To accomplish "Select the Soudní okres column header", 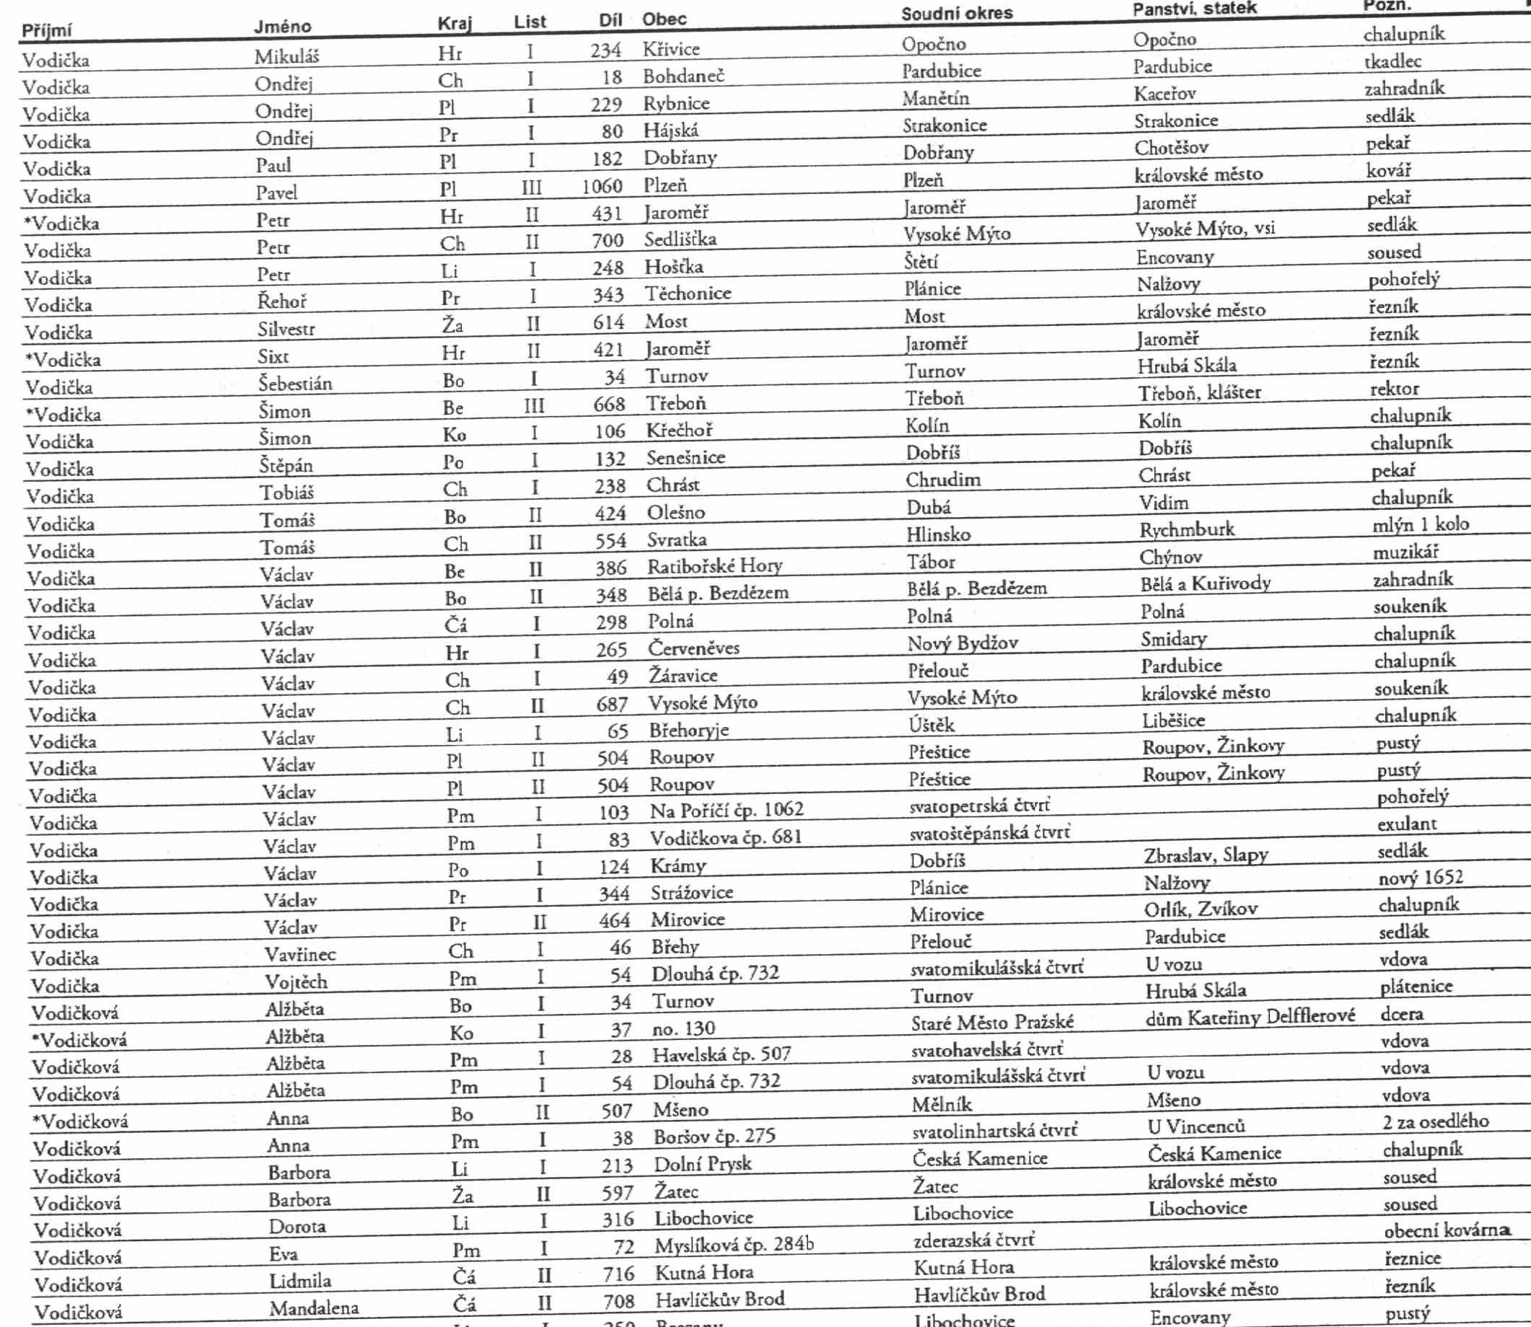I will (x=956, y=13).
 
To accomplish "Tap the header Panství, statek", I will (x=1194, y=9).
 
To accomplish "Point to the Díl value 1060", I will (x=602, y=185).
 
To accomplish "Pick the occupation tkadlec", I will (x=1392, y=61).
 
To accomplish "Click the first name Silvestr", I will (x=286, y=329).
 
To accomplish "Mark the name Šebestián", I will (x=295, y=384).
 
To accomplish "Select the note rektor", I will (x=1394, y=389).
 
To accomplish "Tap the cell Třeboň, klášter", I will (x=1199, y=392).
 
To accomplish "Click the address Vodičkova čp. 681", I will (x=725, y=838).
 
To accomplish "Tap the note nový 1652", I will (x=1420, y=878).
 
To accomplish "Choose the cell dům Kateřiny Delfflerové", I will (x=1250, y=1017).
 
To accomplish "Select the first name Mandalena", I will (x=313, y=1308).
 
